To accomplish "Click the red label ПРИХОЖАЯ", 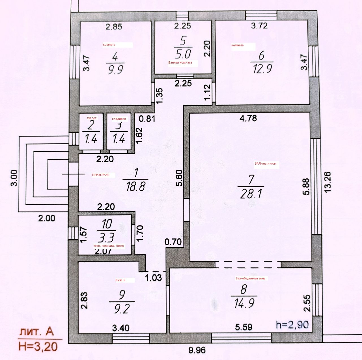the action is click(100, 175).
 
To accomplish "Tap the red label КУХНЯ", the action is click(120, 280).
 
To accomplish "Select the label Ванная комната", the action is click(180, 62).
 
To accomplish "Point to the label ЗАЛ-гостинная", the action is click(266, 163).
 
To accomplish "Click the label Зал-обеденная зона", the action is click(250, 278).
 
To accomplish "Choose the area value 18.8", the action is click(136, 187).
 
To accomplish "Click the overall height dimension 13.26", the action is click(327, 182).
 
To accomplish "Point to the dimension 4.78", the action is click(248, 118).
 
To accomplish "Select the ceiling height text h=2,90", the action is click(292, 325).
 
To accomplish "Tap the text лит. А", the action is click(37, 332).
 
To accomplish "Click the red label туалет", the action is click(91, 118).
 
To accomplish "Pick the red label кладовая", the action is click(119, 119).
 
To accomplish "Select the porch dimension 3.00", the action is click(15, 178).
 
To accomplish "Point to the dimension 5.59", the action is click(244, 327).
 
